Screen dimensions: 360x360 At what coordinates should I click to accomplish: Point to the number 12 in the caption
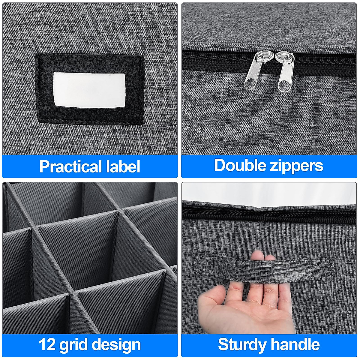pos(47,345)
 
